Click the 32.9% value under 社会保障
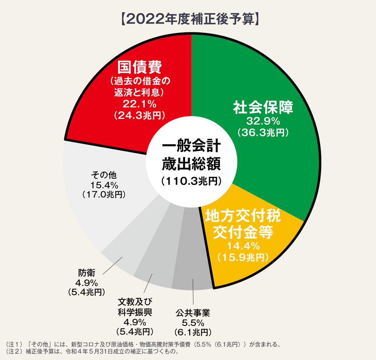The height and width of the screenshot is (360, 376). pyautogui.click(x=263, y=121)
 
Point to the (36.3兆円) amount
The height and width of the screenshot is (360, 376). pyautogui.click(x=263, y=133)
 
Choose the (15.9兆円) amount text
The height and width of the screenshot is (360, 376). pyautogui.click(x=243, y=257)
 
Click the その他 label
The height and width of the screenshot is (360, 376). pyautogui.click(x=103, y=175)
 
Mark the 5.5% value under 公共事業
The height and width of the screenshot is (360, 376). pyautogui.click(x=193, y=322)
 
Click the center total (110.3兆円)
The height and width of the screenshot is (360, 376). pyautogui.click(x=191, y=181)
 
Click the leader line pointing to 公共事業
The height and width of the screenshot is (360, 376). pyautogui.click(x=193, y=292)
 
